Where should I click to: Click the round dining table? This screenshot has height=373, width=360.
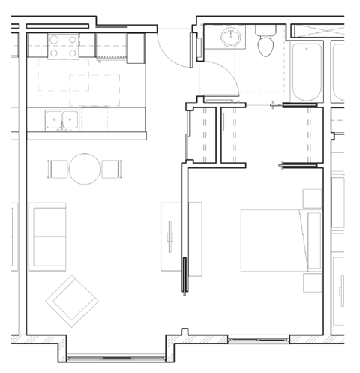[x=84, y=169]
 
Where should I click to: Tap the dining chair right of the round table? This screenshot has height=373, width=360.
[x=111, y=169]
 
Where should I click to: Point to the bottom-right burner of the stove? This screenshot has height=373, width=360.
[x=73, y=53]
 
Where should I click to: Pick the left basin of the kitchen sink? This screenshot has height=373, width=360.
[x=53, y=119]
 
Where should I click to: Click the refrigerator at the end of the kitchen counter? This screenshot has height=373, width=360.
[x=135, y=47]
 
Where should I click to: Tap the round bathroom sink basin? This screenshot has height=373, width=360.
[x=229, y=37]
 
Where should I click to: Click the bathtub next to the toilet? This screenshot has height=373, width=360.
[x=307, y=71]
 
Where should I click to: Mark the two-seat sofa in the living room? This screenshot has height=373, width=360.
[x=47, y=236]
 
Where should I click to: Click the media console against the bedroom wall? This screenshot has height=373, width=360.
[x=171, y=239]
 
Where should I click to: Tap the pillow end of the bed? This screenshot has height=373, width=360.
[x=309, y=240]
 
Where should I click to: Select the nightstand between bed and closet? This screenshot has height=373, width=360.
[x=311, y=198]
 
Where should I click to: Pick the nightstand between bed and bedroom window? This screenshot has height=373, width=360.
[x=311, y=282]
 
